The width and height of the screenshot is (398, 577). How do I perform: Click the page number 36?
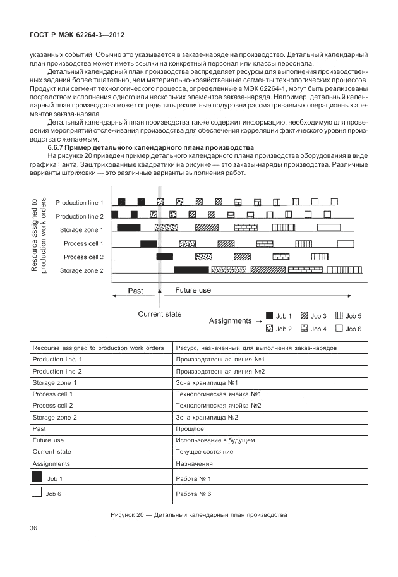coord(34,527)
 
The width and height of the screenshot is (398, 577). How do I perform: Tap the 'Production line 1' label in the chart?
coord(79,203)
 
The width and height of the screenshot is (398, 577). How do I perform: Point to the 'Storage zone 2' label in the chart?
coord(81,271)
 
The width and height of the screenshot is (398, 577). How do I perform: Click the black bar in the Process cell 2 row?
coord(164,257)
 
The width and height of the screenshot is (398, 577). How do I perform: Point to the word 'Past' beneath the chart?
coord(135,291)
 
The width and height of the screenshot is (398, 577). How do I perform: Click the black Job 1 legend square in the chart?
coord(269,315)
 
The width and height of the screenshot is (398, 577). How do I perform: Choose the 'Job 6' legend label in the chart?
coord(354,329)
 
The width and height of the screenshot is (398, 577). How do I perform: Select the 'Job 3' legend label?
coord(318,316)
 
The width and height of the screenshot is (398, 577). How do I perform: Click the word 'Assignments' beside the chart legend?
coord(231,321)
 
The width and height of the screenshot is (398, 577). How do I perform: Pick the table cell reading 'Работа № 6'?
coord(194,494)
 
